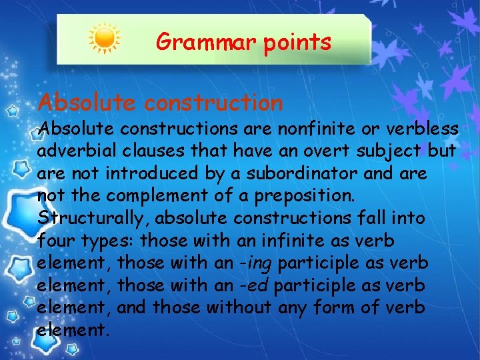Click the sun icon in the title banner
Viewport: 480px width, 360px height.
coord(104,39)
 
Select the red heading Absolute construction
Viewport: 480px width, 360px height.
coord(160,103)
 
